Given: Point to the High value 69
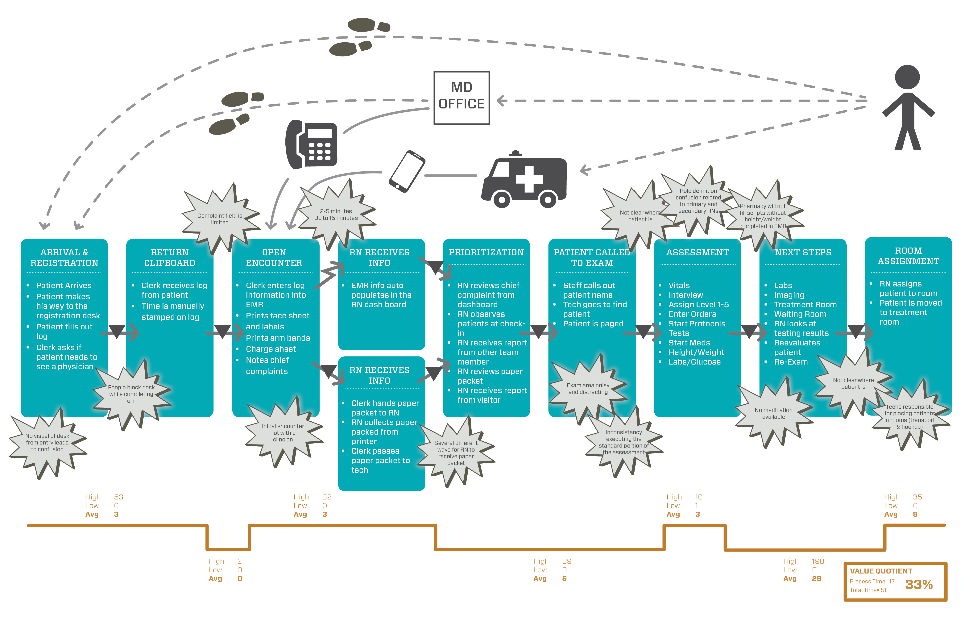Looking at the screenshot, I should click(566, 561).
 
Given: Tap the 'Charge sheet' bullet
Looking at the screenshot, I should click(271, 349).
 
